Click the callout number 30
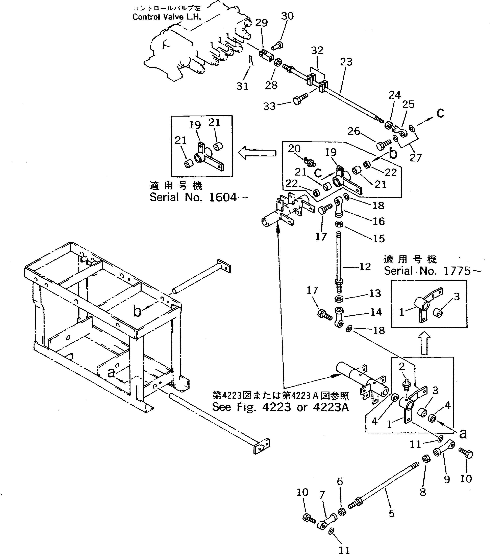287,16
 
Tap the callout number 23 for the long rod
346,62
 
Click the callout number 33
269,106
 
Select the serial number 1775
457,271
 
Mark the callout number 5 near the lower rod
391,513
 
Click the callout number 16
379,221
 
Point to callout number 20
294,149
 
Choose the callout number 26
354,131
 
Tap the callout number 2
402,367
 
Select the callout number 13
375,293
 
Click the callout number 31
242,86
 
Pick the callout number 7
322,495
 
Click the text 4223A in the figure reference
330,407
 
